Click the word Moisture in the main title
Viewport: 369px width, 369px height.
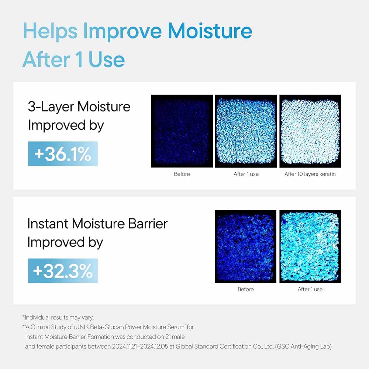(x=210, y=32)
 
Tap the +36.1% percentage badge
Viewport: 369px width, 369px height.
(x=63, y=154)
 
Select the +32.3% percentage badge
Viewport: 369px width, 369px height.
(x=63, y=271)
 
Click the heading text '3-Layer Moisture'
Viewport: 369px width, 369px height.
(x=79, y=107)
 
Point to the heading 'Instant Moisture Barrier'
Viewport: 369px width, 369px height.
(x=97, y=224)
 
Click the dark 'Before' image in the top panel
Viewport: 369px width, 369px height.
(x=182, y=131)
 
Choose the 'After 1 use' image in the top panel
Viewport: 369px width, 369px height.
(x=246, y=131)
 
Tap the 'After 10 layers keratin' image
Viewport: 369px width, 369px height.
(x=310, y=131)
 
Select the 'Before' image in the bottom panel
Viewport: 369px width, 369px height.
(x=245, y=246)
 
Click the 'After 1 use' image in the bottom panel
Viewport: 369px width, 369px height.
(x=310, y=246)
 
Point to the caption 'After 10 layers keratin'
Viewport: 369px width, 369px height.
(x=310, y=174)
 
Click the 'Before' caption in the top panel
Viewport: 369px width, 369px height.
(x=182, y=174)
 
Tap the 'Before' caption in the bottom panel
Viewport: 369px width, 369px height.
(x=245, y=289)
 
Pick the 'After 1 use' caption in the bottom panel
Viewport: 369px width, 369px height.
(x=310, y=289)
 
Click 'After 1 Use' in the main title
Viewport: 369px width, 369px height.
(x=73, y=59)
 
